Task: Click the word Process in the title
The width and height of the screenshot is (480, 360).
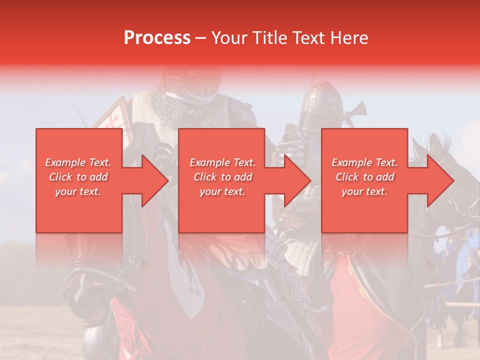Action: tap(157, 38)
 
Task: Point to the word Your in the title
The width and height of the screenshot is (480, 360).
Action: tap(230, 38)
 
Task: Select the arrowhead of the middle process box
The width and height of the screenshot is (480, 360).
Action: tap(297, 180)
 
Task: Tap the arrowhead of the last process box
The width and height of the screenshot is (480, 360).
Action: tap(440, 180)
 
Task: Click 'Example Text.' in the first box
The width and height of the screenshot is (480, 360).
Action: tap(78, 162)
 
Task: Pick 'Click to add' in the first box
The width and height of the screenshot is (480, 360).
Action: tap(78, 177)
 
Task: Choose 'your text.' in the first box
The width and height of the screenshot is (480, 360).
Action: tap(78, 191)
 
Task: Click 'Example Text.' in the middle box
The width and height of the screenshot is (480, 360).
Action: tap(222, 162)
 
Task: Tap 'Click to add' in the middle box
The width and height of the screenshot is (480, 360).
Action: tap(222, 177)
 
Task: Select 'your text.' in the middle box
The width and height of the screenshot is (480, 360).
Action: tap(222, 191)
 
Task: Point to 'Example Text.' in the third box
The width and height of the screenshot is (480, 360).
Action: tap(364, 162)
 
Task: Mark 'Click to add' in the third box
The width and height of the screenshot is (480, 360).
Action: tap(364, 177)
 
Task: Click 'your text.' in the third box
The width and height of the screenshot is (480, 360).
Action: tap(364, 191)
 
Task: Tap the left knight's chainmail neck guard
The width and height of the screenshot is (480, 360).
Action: tap(172, 107)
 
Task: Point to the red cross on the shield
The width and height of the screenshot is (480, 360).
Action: tap(114, 120)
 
